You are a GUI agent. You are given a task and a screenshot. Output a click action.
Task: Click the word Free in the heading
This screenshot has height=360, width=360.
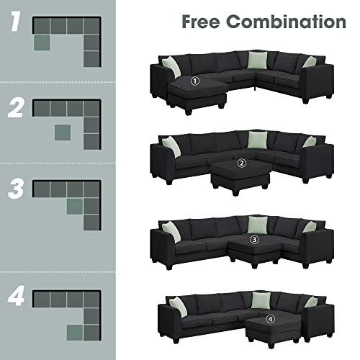coord(202,22)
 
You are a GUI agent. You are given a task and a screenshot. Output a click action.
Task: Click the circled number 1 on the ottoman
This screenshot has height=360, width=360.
coord(194,81)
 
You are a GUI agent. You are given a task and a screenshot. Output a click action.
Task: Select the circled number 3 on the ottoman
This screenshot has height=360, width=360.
coord(253,240)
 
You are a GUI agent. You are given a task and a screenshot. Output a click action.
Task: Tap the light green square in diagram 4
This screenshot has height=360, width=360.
coord(74,330)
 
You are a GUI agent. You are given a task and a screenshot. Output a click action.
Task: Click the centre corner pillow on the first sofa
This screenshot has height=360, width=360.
coord(258,60)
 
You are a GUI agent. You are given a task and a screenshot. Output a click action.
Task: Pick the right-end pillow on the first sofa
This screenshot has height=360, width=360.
coord(310,62)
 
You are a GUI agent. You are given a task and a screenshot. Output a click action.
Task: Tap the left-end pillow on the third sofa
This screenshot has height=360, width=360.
coord(170,230)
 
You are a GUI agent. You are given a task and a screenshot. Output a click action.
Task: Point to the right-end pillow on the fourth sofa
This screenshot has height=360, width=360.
coord(311,302)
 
